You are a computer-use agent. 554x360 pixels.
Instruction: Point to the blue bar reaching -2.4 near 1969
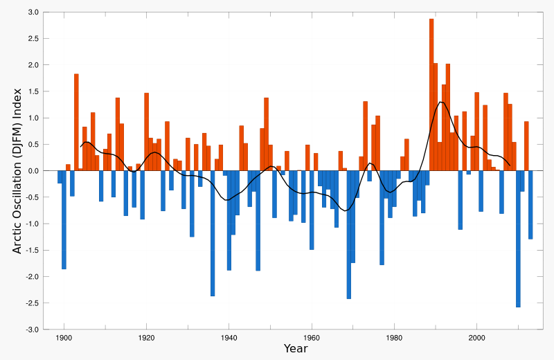tap(349, 235)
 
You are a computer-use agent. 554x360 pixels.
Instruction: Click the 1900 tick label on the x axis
tap(64, 337)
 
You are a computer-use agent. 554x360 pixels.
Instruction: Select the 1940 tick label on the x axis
tap(229, 337)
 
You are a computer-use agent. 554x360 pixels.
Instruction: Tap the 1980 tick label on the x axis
tap(394, 337)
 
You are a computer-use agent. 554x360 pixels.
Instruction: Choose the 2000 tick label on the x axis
tap(476, 337)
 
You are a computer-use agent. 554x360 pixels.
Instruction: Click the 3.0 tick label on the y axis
tap(33, 12)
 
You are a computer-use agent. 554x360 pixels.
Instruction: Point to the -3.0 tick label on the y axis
tap(32, 330)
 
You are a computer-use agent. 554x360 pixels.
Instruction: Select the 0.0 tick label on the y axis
tap(33, 171)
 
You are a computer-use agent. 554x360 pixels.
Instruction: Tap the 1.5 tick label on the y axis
tap(33, 91)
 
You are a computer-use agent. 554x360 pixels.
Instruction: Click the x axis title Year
tap(296, 349)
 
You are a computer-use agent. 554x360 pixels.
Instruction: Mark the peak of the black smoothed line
tap(440, 102)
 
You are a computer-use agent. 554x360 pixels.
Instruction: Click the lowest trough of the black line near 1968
tap(345, 210)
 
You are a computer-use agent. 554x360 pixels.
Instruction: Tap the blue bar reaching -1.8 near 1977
tap(382, 217)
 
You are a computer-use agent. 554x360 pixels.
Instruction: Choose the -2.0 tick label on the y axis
tap(32, 277)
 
